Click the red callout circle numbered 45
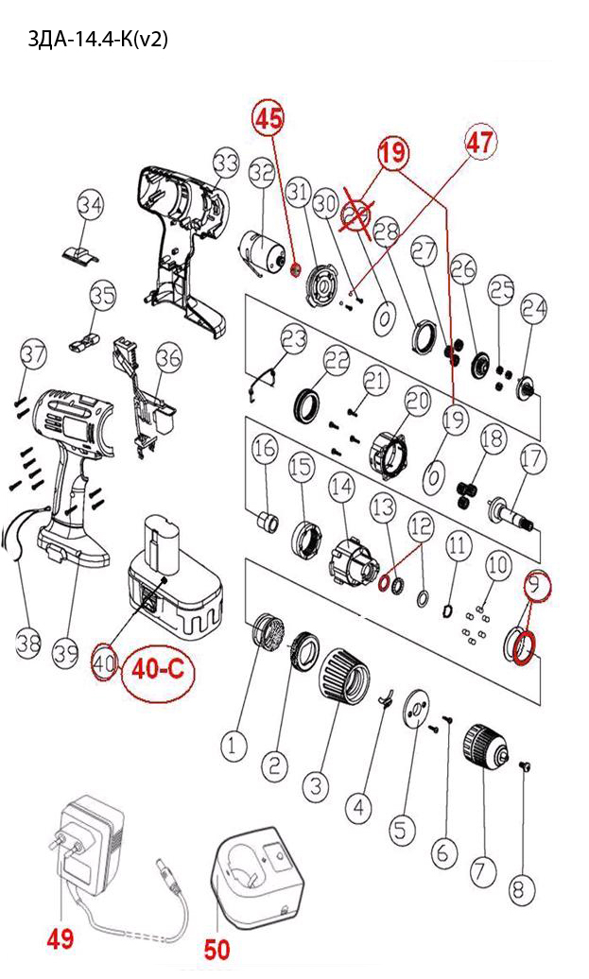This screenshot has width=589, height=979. pos(268,119)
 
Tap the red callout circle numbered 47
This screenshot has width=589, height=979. pos(479,144)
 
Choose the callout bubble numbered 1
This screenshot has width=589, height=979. pos(234,747)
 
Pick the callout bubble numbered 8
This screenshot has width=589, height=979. pos(521,889)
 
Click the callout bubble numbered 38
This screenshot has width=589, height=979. pos(28,644)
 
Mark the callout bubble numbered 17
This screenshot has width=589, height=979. pos(532,459)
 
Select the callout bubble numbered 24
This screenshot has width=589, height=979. pos(534,308)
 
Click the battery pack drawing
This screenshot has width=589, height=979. pos(172,587)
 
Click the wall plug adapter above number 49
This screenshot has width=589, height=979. pos(86,837)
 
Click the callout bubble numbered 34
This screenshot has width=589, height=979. pos(91,204)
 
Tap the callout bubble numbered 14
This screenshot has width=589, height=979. pos(340,489)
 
